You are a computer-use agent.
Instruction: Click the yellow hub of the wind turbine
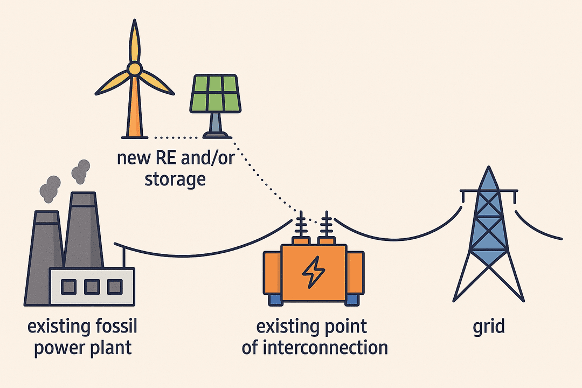coord(134,68)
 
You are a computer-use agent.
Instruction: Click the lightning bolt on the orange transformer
coord(311,274)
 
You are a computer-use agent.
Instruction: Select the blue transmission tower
coord(488,237)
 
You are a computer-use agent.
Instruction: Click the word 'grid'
coord(488,327)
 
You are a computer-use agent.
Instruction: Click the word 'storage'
coord(175,178)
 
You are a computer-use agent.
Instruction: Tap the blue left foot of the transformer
coord(274,297)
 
